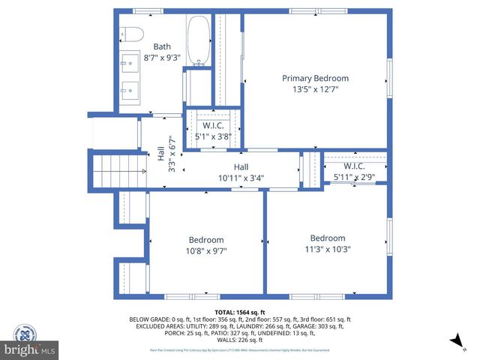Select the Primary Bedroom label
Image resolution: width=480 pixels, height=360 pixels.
315,78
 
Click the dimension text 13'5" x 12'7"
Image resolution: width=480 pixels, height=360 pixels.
315,90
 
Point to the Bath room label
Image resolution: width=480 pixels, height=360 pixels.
162,46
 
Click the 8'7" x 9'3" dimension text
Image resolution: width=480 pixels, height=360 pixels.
162,58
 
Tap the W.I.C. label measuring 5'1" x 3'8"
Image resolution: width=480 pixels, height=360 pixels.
213,126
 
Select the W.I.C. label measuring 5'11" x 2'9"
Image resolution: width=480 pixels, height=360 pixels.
354,166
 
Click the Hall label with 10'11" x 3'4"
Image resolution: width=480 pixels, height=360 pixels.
241,167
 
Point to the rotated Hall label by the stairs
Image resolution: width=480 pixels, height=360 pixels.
160,153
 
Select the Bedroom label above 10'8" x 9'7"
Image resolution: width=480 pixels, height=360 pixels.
205,240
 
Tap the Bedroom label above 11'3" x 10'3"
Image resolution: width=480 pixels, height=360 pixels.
328,238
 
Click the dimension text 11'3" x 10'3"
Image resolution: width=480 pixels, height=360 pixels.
328,249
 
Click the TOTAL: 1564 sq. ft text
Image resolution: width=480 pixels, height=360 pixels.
240,311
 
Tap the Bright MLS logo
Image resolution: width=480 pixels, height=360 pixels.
30,349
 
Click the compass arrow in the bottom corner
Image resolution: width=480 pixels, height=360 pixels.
455,342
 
